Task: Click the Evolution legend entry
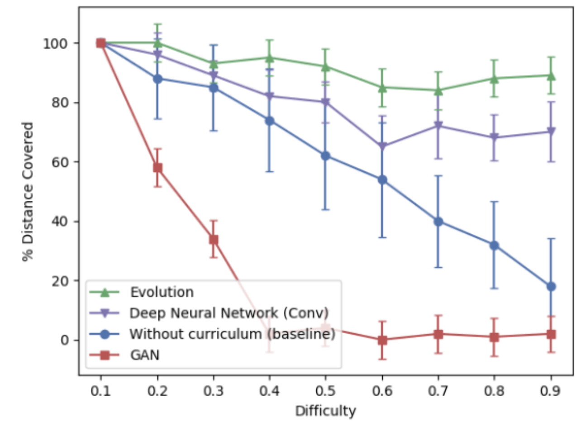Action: pyautogui.click(x=162, y=292)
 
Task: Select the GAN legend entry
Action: pyautogui.click(x=145, y=355)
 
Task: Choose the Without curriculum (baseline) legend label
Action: pyautogui.click(x=232, y=334)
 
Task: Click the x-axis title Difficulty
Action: pyautogui.click(x=325, y=411)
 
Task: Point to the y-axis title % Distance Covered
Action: pyautogui.click(x=28, y=191)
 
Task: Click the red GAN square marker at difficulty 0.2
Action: pyautogui.click(x=157, y=168)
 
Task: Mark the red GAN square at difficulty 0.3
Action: pyautogui.click(x=214, y=239)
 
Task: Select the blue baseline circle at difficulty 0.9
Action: pyautogui.click(x=551, y=286)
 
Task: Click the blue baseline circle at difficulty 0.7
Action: pyautogui.click(x=438, y=221)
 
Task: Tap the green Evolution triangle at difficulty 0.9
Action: pyautogui.click(x=551, y=76)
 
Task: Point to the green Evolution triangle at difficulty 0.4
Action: pyautogui.click(x=270, y=58)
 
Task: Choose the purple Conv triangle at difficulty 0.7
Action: pyautogui.click(x=438, y=126)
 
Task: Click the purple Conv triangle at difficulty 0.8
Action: pyautogui.click(x=495, y=138)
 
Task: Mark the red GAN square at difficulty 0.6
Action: pyautogui.click(x=382, y=340)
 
